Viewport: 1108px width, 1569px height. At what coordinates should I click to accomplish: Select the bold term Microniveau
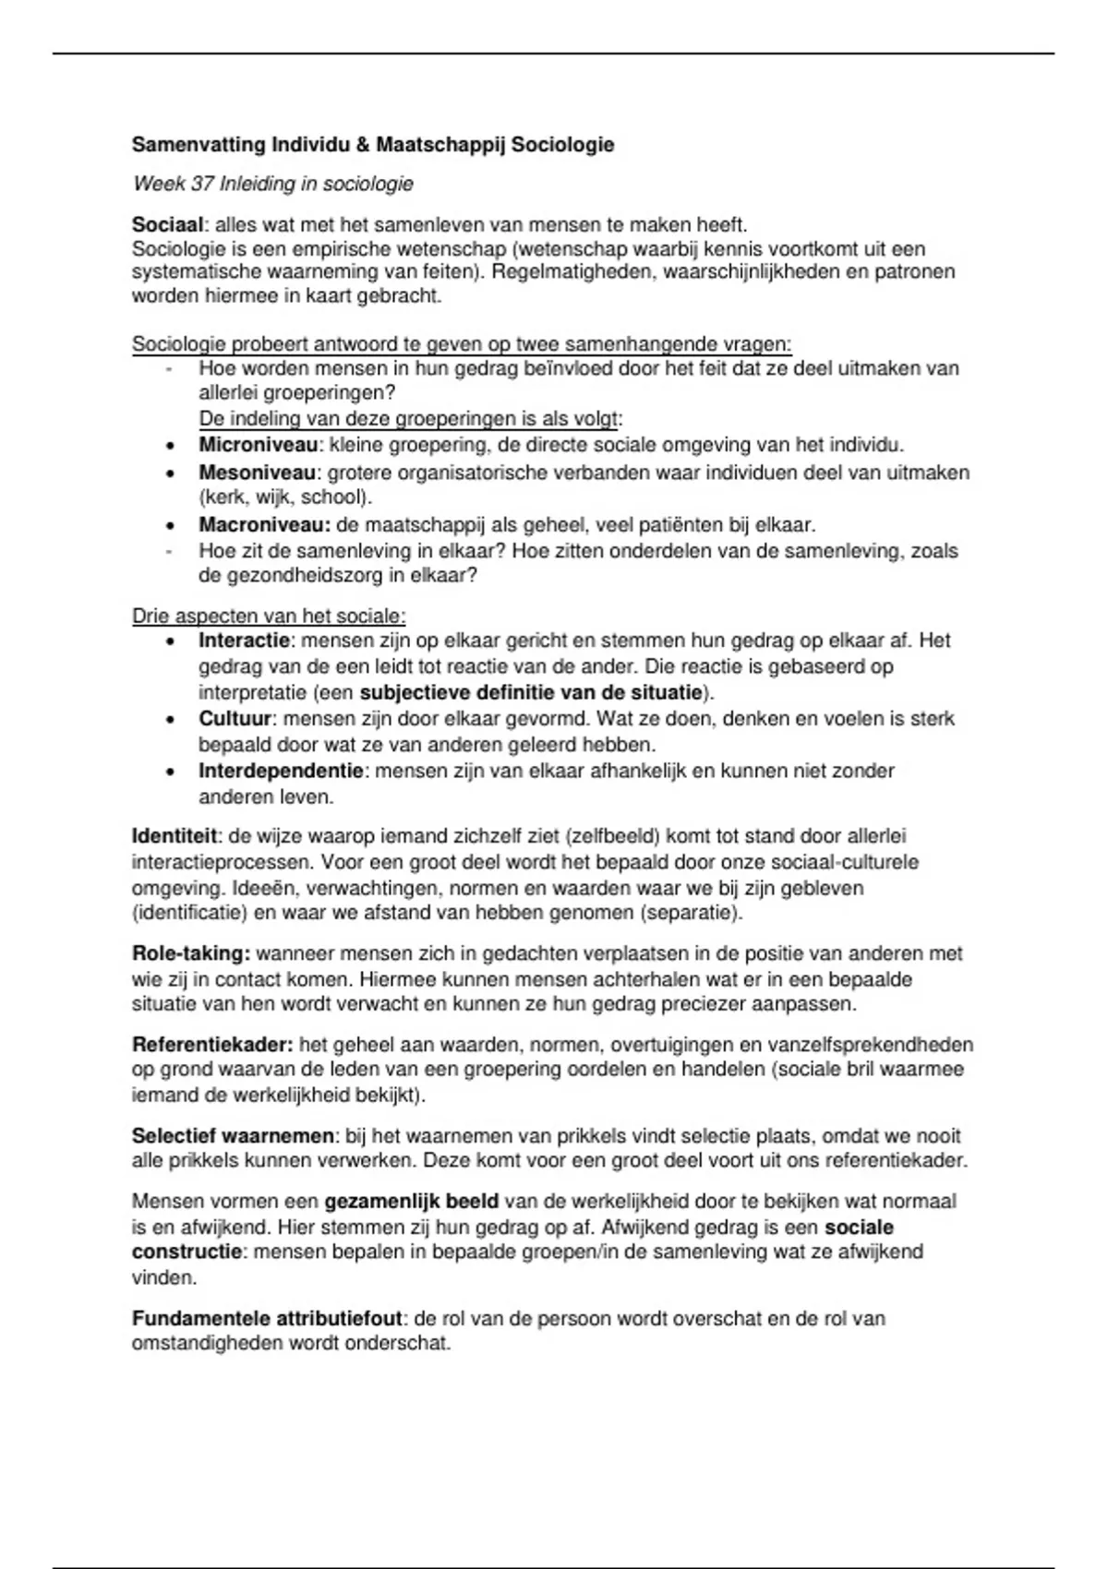click(258, 446)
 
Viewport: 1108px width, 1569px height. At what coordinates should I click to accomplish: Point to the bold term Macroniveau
click(264, 526)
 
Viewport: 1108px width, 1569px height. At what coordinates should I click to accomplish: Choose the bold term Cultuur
click(235, 719)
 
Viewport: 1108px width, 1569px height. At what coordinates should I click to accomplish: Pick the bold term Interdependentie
click(282, 771)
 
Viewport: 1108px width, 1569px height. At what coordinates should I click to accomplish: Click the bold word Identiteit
click(175, 837)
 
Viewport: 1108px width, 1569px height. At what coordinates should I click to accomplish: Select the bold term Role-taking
click(190, 953)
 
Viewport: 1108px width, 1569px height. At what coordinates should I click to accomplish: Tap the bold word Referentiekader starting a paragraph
click(211, 1046)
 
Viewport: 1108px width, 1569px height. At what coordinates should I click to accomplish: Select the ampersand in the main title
click(362, 145)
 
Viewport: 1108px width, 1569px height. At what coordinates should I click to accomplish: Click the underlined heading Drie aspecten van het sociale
click(269, 616)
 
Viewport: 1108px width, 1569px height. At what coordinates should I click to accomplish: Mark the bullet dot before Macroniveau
click(170, 526)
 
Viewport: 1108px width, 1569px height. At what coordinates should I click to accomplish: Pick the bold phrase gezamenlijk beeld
click(411, 1202)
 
